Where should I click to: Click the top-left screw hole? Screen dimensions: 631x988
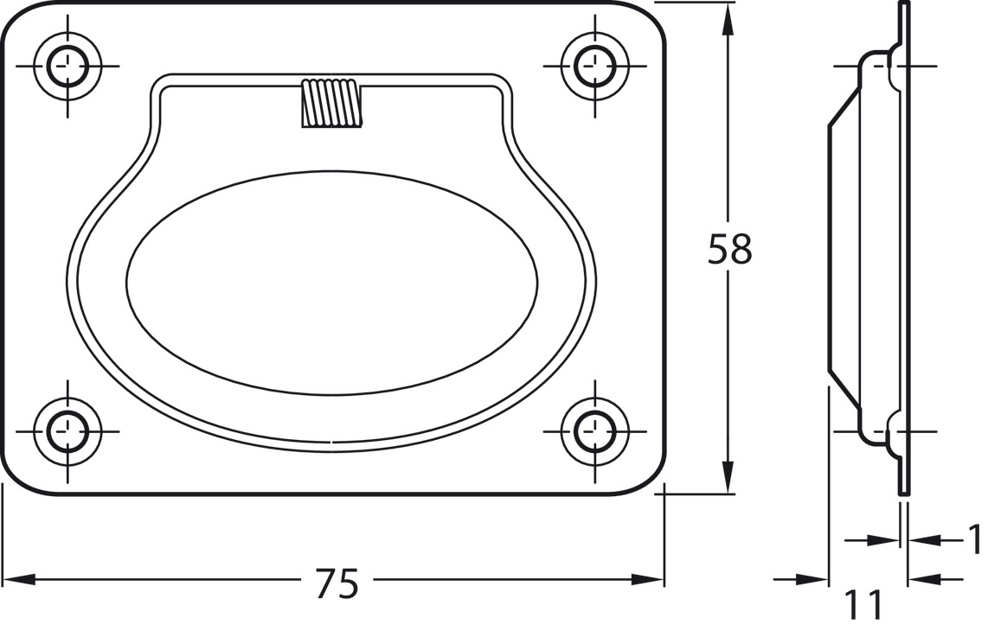click(67, 66)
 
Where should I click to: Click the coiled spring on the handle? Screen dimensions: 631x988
click(330, 104)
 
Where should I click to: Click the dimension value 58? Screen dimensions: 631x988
click(729, 249)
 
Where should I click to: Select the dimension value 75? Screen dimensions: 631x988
click(336, 585)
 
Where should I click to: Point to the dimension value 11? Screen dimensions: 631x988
click(863, 605)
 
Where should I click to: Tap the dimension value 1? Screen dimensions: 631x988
click(975, 540)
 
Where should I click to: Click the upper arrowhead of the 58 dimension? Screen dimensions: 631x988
click(728, 17)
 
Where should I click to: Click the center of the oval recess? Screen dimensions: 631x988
click(331, 282)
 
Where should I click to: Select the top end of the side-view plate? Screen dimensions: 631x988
click(904, 5)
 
